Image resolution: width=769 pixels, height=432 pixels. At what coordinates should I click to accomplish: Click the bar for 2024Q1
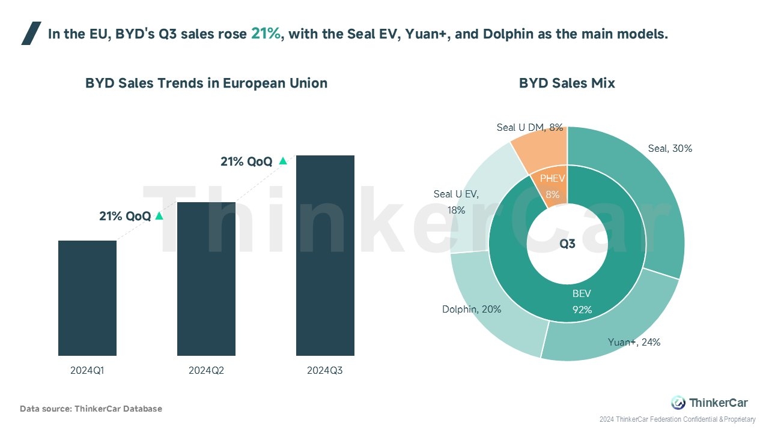pyautogui.click(x=87, y=298)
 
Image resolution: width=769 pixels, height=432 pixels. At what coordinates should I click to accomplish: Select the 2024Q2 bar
pyautogui.click(x=206, y=279)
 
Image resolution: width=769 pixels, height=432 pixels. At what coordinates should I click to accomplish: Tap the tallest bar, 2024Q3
pyautogui.click(x=325, y=256)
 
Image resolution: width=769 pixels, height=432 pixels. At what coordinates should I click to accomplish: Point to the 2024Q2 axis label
pyautogui.click(x=206, y=371)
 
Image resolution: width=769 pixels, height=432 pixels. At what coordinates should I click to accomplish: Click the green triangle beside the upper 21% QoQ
pyautogui.click(x=283, y=161)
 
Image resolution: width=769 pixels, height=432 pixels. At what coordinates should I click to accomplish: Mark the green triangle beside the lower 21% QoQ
pyautogui.click(x=159, y=216)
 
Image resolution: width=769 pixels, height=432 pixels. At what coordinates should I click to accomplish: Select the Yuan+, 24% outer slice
pyautogui.click(x=607, y=318)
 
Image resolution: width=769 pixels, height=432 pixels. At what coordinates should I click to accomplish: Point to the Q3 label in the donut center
pyautogui.click(x=567, y=244)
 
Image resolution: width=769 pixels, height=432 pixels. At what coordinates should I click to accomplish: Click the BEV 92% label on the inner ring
pyautogui.click(x=582, y=301)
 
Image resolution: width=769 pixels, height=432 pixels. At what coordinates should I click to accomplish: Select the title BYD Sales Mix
pyautogui.click(x=567, y=83)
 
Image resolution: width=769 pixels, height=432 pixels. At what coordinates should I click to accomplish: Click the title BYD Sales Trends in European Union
pyautogui.click(x=206, y=83)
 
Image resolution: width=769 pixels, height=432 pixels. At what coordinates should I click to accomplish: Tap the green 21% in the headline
pyautogui.click(x=266, y=34)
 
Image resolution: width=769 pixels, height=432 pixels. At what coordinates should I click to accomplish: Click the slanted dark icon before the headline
pyautogui.click(x=31, y=34)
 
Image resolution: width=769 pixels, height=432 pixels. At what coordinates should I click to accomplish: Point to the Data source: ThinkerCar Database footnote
pyautogui.click(x=91, y=409)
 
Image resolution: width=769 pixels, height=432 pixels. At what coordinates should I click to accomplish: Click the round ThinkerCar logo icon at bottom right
pyautogui.click(x=678, y=403)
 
